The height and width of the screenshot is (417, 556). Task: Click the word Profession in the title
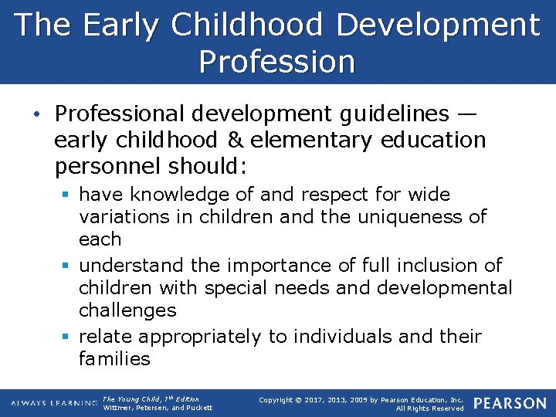pos(277,61)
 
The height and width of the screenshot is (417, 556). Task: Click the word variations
pos(126,216)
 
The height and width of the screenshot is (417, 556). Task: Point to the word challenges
pos(127,310)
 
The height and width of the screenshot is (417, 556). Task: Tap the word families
pos(114,359)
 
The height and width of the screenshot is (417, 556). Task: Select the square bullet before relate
pos(68,337)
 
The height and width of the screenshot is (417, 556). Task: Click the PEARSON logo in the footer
pos(509,403)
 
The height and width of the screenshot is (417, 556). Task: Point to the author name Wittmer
pos(118,408)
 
